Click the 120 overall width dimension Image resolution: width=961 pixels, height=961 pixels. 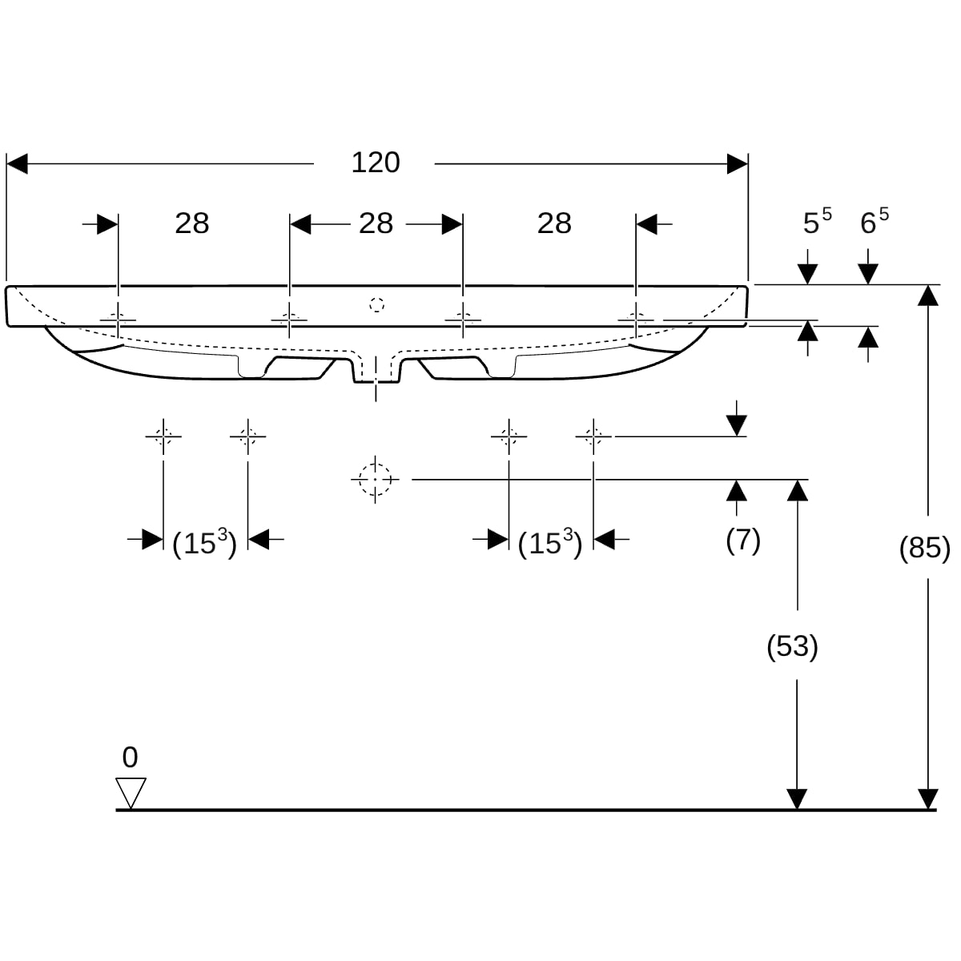tap(376, 163)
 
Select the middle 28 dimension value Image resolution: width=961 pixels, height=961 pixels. tap(376, 223)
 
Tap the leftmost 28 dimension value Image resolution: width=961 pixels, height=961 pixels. tap(192, 223)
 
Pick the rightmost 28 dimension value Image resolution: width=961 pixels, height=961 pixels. tap(554, 223)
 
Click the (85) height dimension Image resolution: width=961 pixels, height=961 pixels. tap(925, 549)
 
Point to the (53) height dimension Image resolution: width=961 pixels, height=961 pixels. tap(792, 646)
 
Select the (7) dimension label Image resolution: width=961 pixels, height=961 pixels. tap(742, 541)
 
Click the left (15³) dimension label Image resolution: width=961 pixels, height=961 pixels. tap(204, 544)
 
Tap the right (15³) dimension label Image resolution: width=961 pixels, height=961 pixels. tap(550, 544)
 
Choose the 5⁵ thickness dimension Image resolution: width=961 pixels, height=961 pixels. tap(817, 222)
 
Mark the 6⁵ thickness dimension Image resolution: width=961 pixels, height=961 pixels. tap(874, 222)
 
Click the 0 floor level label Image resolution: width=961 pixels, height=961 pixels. tap(130, 757)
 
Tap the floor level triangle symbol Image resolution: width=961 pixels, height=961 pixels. tap(131, 792)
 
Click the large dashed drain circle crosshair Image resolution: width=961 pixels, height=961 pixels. tap(375, 479)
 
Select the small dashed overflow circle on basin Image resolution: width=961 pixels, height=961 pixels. tap(377, 304)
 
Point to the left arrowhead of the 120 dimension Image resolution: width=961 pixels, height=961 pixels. tap(17, 164)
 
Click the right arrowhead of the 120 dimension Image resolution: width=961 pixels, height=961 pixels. tap(737, 164)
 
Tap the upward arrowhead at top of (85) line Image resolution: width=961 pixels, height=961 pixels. tap(927, 296)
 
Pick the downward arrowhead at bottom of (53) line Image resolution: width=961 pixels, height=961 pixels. tap(797, 798)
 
